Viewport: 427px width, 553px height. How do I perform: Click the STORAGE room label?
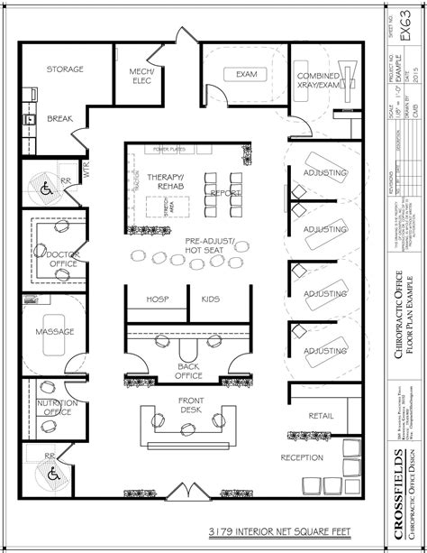pyautogui.click(x=65, y=69)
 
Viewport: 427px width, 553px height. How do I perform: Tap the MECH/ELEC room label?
pyautogui.click(x=141, y=75)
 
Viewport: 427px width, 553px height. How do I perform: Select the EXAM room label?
pyautogui.click(x=246, y=74)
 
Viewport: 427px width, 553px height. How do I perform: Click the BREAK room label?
pyautogui.click(x=59, y=118)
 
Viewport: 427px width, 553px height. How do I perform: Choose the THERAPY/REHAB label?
pyautogui.click(x=168, y=181)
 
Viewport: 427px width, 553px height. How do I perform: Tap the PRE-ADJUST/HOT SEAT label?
pyautogui.click(x=208, y=245)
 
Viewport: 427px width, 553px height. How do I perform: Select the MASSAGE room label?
pyautogui.click(x=54, y=331)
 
